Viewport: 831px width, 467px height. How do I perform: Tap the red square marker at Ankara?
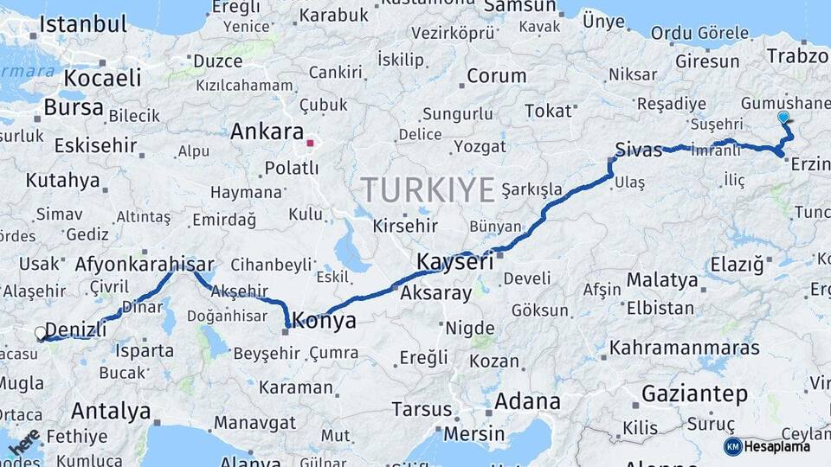pyautogui.click(x=310, y=142)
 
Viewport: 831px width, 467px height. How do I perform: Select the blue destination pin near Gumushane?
pyautogui.click(x=783, y=117)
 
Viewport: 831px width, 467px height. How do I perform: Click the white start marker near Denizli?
pyautogui.click(x=40, y=332)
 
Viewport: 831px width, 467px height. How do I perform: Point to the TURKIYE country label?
pyautogui.click(x=428, y=189)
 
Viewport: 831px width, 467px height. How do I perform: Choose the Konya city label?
pyautogui.click(x=325, y=321)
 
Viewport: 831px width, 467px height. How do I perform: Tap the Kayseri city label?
pyautogui.click(x=454, y=261)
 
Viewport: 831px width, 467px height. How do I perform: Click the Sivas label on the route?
pyautogui.click(x=639, y=148)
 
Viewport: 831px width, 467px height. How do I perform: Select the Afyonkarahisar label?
pyautogui.click(x=145, y=264)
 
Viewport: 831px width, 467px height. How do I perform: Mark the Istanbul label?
pyautogui.click(x=83, y=24)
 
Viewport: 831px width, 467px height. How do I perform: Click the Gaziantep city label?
pyautogui.click(x=694, y=394)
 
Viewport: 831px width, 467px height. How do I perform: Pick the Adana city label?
pyautogui.click(x=527, y=401)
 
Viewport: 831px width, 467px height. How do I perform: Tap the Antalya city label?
pyautogui.click(x=111, y=411)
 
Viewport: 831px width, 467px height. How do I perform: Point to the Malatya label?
pyautogui.click(x=662, y=280)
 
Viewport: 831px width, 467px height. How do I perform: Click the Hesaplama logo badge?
pyautogui.click(x=767, y=446)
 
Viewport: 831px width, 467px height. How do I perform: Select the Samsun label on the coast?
pyautogui.click(x=519, y=7)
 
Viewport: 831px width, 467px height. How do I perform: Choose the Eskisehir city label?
pyautogui.click(x=95, y=145)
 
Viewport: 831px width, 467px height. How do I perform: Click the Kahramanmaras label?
pyautogui.click(x=685, y=348)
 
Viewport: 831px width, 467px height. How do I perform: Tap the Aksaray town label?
pyautogui.click(x=435, y=293)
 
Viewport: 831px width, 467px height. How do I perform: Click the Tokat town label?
pyautogui.click(x=549, y=111)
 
